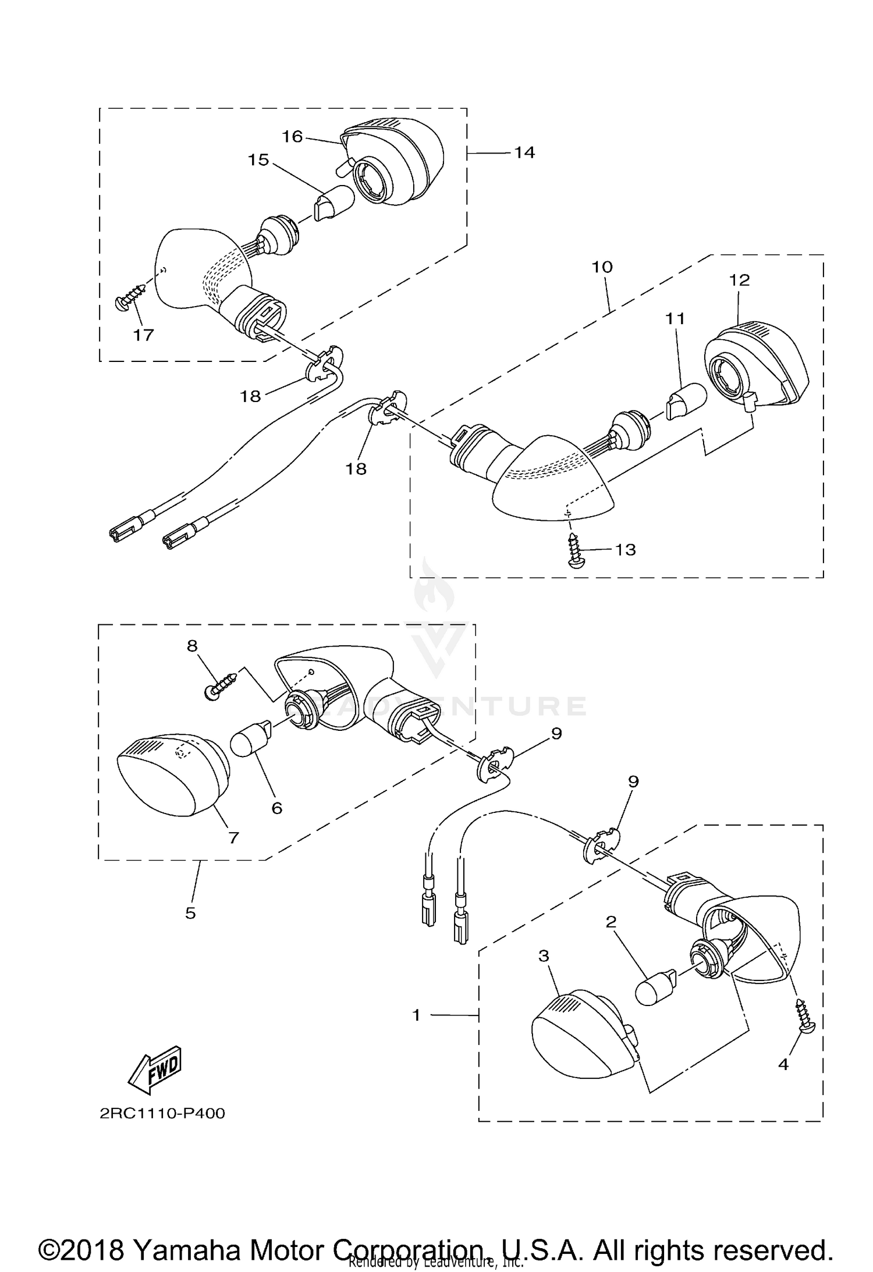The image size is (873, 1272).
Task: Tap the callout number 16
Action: click(x=292, y=136)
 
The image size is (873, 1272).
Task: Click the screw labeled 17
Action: click(x=132, y=295)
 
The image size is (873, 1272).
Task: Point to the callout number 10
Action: click(x=602, y=267)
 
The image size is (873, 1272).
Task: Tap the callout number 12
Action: click(x=740, y=280)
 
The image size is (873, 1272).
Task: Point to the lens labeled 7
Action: click(x=169, y=774)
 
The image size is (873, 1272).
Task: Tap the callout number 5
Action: click(x=190, y=913)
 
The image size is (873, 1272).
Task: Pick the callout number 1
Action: click(x=416, y=1015)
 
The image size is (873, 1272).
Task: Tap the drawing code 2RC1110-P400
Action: click(x=162, y=1113)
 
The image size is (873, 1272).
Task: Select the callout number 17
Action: click(x=143, y=335)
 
